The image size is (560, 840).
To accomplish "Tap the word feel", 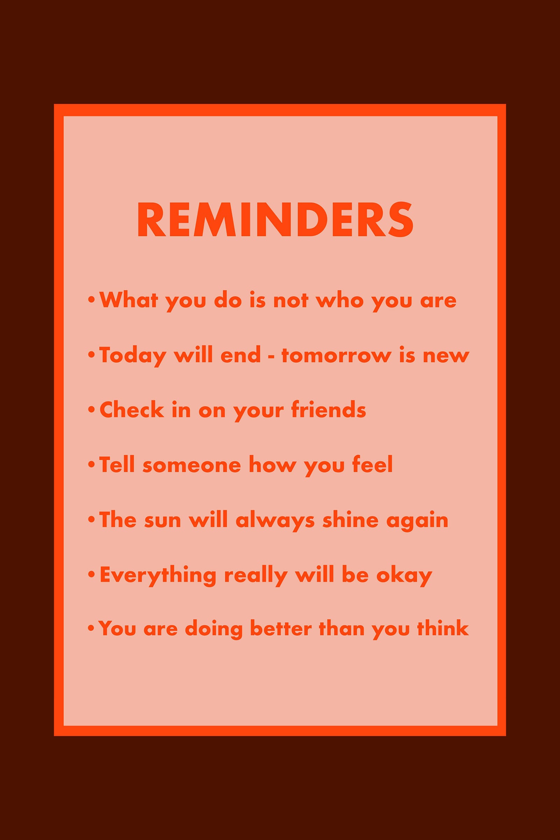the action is coord(372,464).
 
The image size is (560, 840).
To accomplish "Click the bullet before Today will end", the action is coord(91,355).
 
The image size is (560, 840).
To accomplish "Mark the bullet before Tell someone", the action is coord(91,465).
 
